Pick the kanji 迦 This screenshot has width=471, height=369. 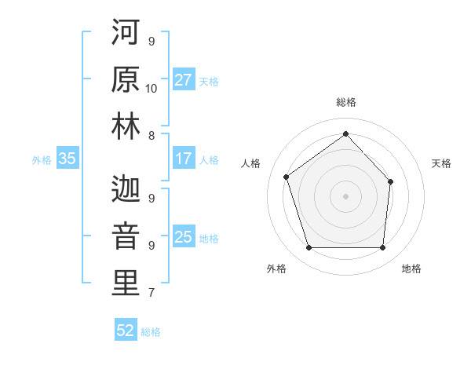126,188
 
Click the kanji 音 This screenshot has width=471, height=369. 126,236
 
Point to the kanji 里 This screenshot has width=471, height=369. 126,283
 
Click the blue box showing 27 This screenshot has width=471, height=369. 184,80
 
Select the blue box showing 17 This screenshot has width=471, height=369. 184,159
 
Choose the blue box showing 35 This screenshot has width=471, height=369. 67,159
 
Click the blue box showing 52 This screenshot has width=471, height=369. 126,331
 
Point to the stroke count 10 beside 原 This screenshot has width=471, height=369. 152,88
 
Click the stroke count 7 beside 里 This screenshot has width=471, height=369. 151,294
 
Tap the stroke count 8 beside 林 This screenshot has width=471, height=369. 151,136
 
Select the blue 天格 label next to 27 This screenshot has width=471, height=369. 209,81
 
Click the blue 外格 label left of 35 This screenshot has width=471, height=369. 42,159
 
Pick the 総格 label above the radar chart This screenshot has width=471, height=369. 345,102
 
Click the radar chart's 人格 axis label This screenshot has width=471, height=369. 251,163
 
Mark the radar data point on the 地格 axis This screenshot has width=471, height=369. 383,248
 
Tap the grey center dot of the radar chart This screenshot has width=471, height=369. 345,195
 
